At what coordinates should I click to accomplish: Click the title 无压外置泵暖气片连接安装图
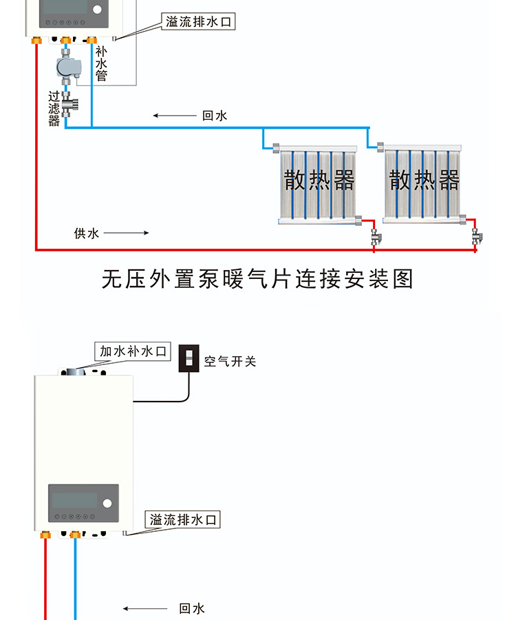point(257,279)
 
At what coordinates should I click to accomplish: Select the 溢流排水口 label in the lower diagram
point(184,519)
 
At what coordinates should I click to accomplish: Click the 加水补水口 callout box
point(133,351)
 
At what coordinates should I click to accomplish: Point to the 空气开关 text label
point(230,360)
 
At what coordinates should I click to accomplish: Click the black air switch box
point(189,358)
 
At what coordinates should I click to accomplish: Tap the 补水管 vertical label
point(101,64)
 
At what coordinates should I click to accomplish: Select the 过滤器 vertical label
point(54,109)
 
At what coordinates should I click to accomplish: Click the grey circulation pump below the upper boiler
point(68,68)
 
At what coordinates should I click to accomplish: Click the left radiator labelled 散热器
point(318,183)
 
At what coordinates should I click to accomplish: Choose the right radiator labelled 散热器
point(423,183)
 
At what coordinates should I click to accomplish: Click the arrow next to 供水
point(127,233)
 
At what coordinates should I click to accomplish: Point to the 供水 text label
point(87,233)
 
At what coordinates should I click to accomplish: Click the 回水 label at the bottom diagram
point(192,608)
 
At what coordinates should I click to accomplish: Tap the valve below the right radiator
point(477,238)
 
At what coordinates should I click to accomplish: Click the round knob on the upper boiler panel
point(97,10)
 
